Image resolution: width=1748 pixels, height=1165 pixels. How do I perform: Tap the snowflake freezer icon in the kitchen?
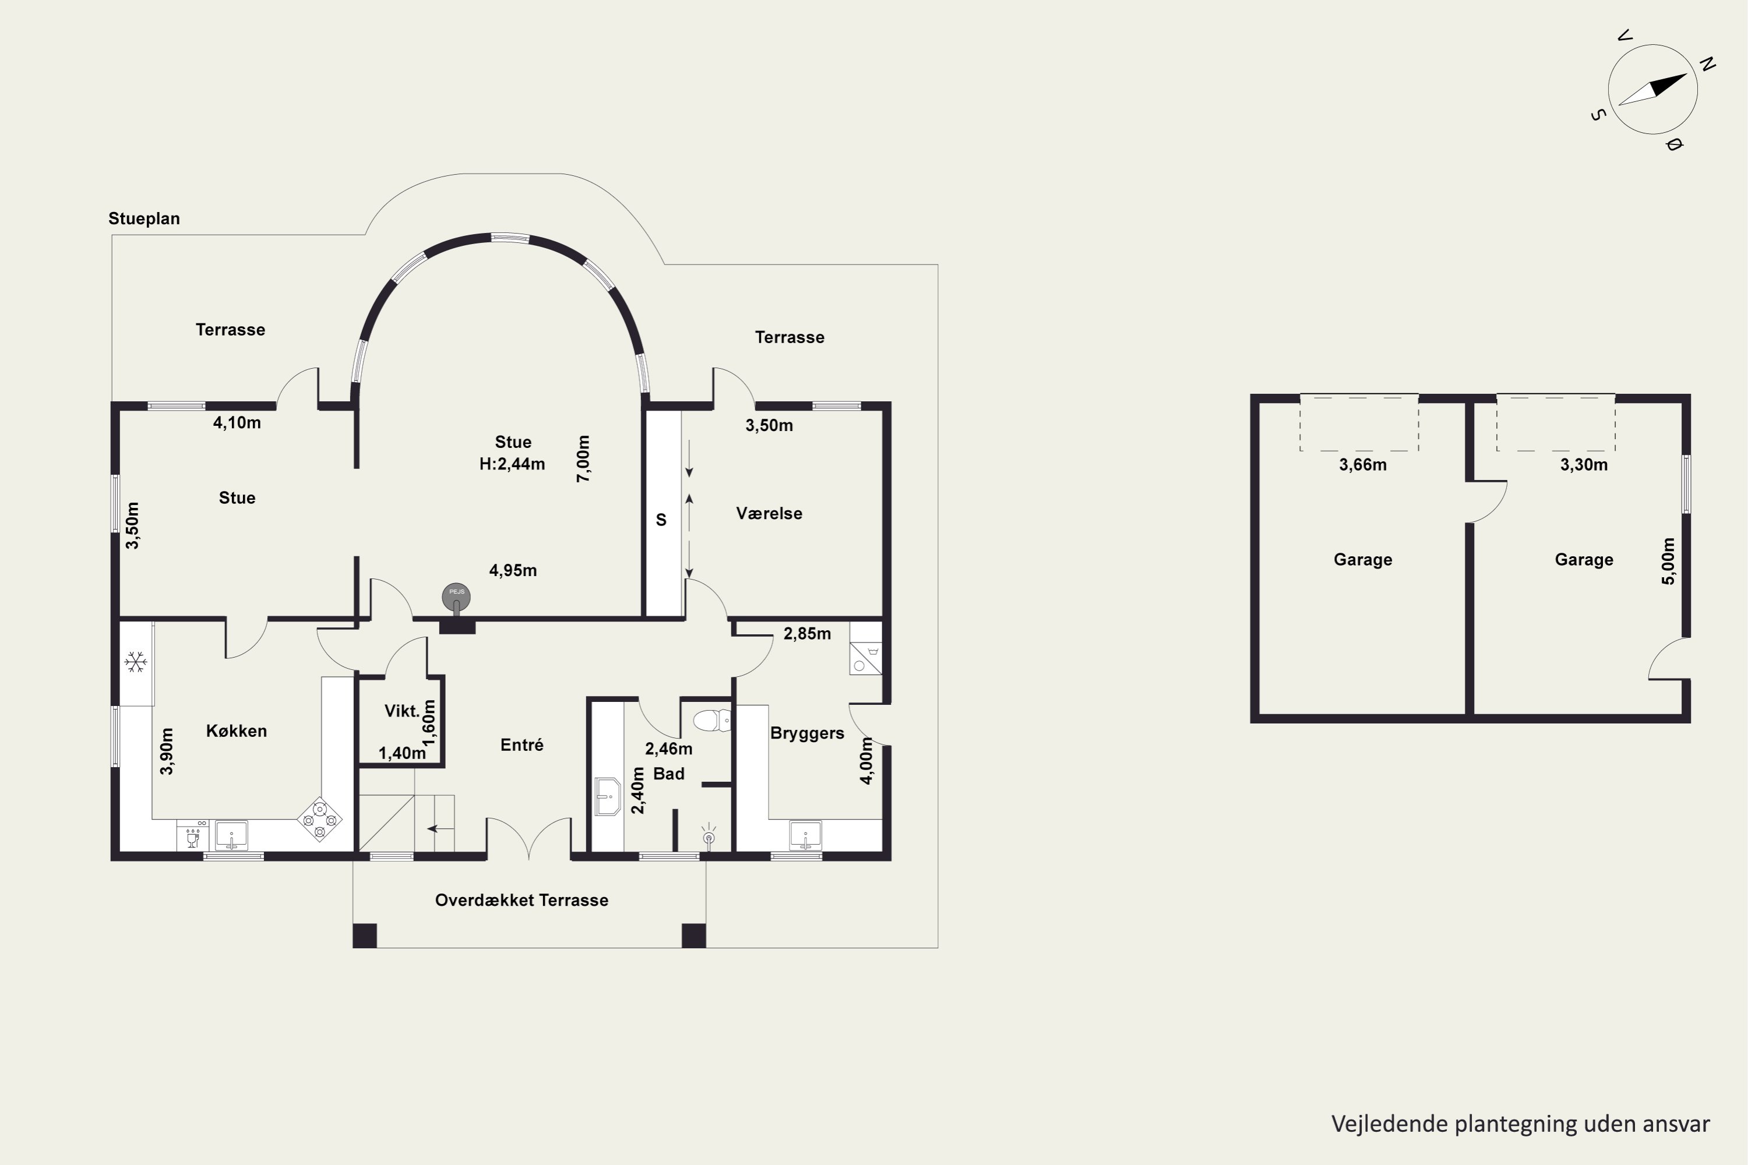[135, 661]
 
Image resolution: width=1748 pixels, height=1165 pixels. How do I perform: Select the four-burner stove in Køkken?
[319, 820]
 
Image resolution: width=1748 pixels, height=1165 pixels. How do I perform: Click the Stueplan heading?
[144, 218]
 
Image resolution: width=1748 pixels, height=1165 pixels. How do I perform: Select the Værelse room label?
[769, 513]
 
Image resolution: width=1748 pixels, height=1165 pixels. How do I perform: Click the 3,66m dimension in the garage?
[1363, 465]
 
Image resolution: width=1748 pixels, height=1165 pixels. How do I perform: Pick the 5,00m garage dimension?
[1669, 561]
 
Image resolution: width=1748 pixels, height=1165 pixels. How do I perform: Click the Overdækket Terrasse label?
[521, 901]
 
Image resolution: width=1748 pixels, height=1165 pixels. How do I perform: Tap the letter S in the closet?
[661, 520]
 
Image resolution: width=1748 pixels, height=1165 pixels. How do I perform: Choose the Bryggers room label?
[807, 733]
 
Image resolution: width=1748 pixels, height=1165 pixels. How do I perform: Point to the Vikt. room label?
[402, 711]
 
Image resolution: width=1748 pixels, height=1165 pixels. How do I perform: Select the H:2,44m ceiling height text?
[512, 464]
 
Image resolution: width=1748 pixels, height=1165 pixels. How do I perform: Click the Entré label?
[521, 744]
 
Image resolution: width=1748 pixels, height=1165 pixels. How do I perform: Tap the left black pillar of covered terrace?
[365, 935]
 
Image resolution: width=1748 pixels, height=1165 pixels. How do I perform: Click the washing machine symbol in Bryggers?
[866, 658]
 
